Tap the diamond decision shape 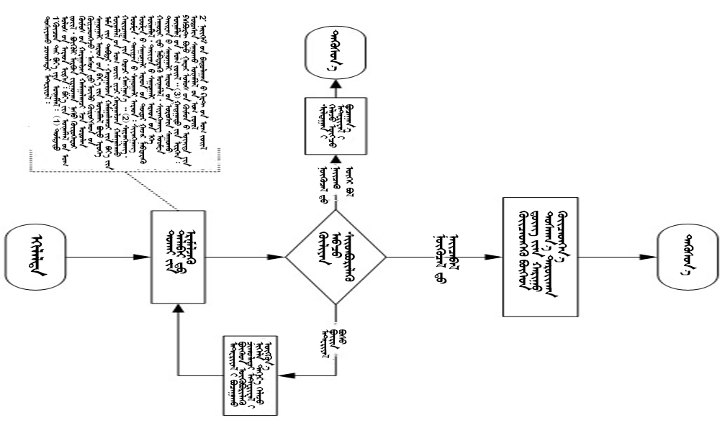tap(336, 257)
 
